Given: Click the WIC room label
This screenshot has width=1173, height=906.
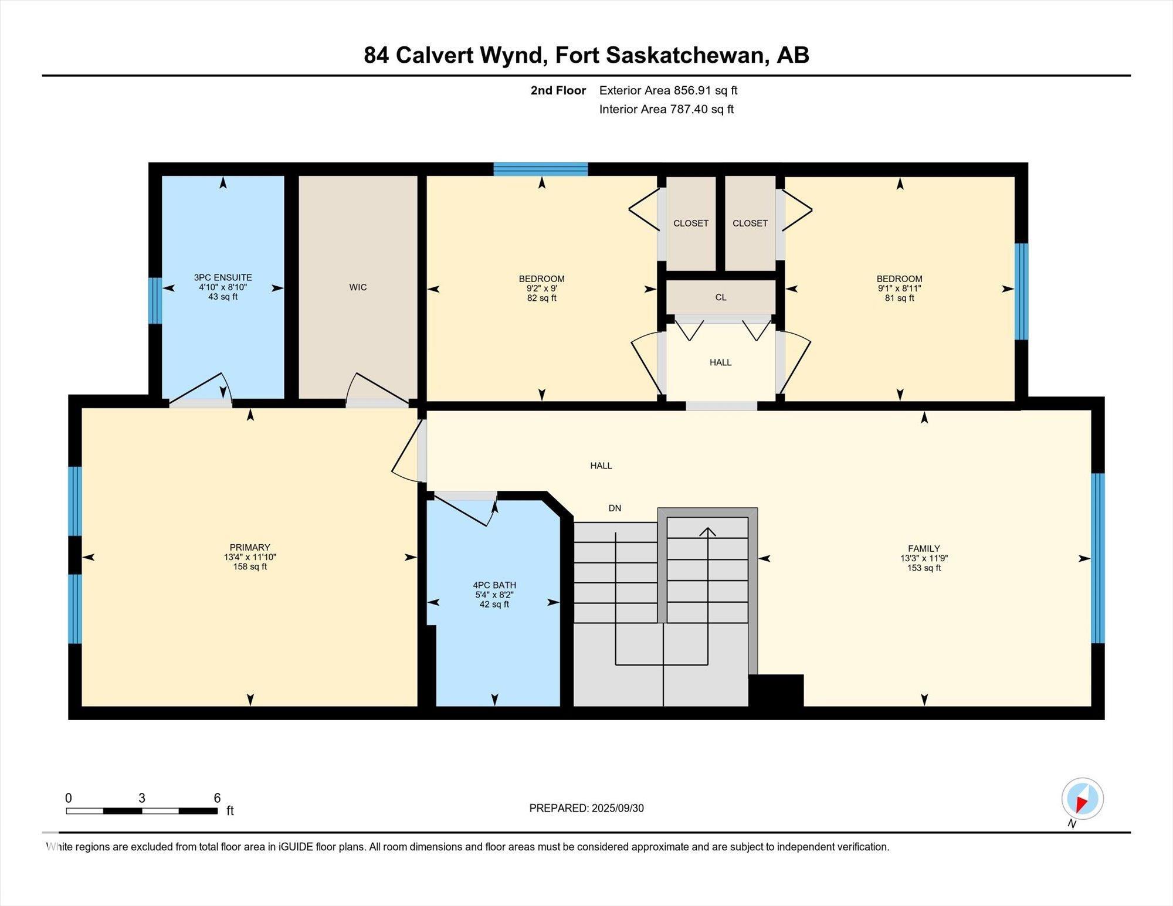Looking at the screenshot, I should (x=358, y=287).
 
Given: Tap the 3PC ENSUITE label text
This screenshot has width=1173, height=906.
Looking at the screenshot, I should (x=223, y=277).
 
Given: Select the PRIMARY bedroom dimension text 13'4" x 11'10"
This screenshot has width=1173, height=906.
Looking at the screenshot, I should (x=250, y=557).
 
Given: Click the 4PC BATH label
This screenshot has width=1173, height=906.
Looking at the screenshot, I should (x=494, y=585).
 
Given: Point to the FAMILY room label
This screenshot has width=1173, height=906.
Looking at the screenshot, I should (x=924, y=549).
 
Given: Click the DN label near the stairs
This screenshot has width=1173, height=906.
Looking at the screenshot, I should (x=615, y=508).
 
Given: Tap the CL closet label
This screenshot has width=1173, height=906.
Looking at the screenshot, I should (x=721, y=297).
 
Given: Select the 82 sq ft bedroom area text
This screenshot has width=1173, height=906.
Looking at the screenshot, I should (x=541, y=298).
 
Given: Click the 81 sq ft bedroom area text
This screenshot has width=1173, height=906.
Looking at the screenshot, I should (x=899, y=298).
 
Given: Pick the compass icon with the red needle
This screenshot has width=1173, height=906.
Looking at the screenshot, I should (x=1082, y=799).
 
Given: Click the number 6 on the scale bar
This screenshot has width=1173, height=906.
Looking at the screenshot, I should (x=217, y=798).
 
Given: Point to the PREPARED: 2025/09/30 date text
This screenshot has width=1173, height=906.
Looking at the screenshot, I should (x=586, y=808).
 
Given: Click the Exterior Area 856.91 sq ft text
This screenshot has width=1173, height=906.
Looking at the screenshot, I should (x=668, y=90).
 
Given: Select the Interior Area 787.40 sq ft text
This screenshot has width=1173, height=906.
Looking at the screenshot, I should (x=666, y=109).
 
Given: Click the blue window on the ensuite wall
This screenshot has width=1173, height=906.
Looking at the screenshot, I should (x=155, y=301).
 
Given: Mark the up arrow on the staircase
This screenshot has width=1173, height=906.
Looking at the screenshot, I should (x=708, y=532).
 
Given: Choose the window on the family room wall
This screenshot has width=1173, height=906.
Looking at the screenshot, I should (x=1098, y=558).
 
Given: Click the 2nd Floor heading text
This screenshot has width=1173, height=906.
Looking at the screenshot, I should (x=558, y=90).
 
